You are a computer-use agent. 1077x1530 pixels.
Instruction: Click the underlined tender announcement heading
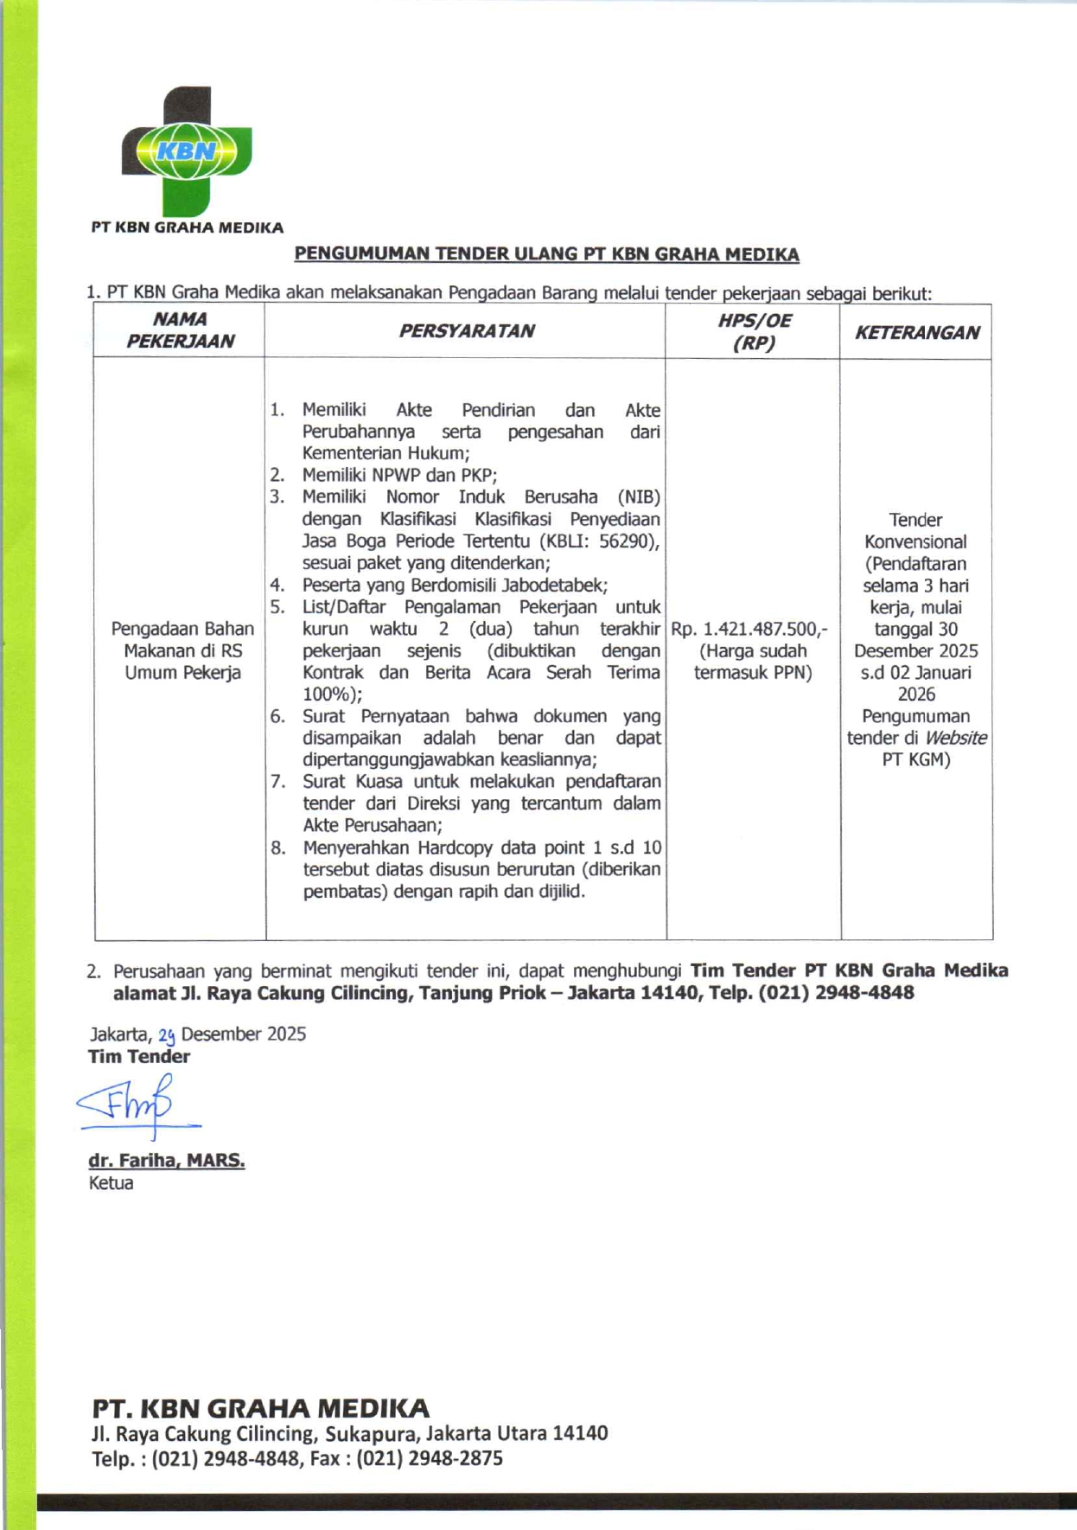(x=546, y=254)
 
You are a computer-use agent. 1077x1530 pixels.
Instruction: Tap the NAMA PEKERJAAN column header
(x=180, y=330)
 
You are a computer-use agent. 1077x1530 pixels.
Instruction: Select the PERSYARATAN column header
(x=466, y=331)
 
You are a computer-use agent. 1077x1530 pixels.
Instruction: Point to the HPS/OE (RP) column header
(x=754, y=331)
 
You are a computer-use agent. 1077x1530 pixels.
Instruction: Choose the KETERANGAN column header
(x=917, y=332)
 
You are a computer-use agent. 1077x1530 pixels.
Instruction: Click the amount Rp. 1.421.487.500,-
(x=749, y=629)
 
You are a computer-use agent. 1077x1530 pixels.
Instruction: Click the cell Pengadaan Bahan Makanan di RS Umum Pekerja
(x=182, y=650)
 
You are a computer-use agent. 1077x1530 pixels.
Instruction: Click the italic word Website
(x=955, y=738)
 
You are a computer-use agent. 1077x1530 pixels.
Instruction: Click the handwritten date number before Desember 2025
(x=167, y=1035)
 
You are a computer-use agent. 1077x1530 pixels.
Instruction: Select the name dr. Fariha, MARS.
(x=167, y=1161)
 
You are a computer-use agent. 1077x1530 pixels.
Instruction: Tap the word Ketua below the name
(x=111, y=1183)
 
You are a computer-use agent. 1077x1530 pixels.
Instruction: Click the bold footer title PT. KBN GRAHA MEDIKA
(x=260, y=1408)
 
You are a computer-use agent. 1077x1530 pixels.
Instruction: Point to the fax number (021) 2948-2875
(x=430, y=1458)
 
